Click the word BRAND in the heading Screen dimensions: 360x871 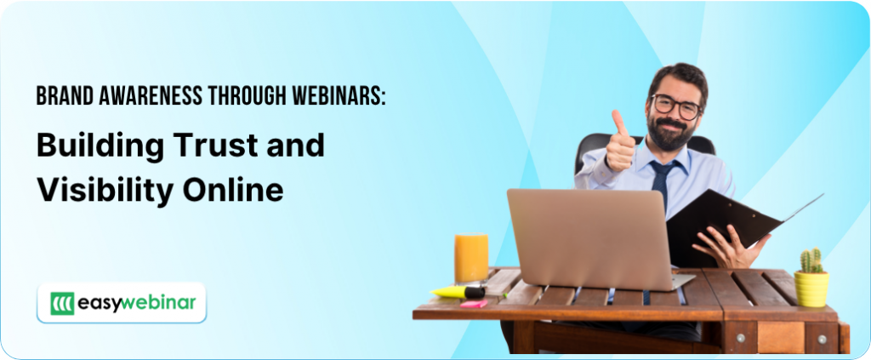click(62, 97)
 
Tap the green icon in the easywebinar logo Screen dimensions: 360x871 click(62, 303)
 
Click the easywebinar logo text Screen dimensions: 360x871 click(137, 302)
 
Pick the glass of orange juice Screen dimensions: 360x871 click(471, 258)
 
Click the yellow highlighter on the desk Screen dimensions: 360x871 click(458, 291)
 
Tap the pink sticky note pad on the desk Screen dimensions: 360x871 click(473, 303)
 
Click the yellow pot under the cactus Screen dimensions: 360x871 click(811, 289)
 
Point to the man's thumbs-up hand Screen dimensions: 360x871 click(619, 146)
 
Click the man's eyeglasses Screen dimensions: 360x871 click(676, 106)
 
